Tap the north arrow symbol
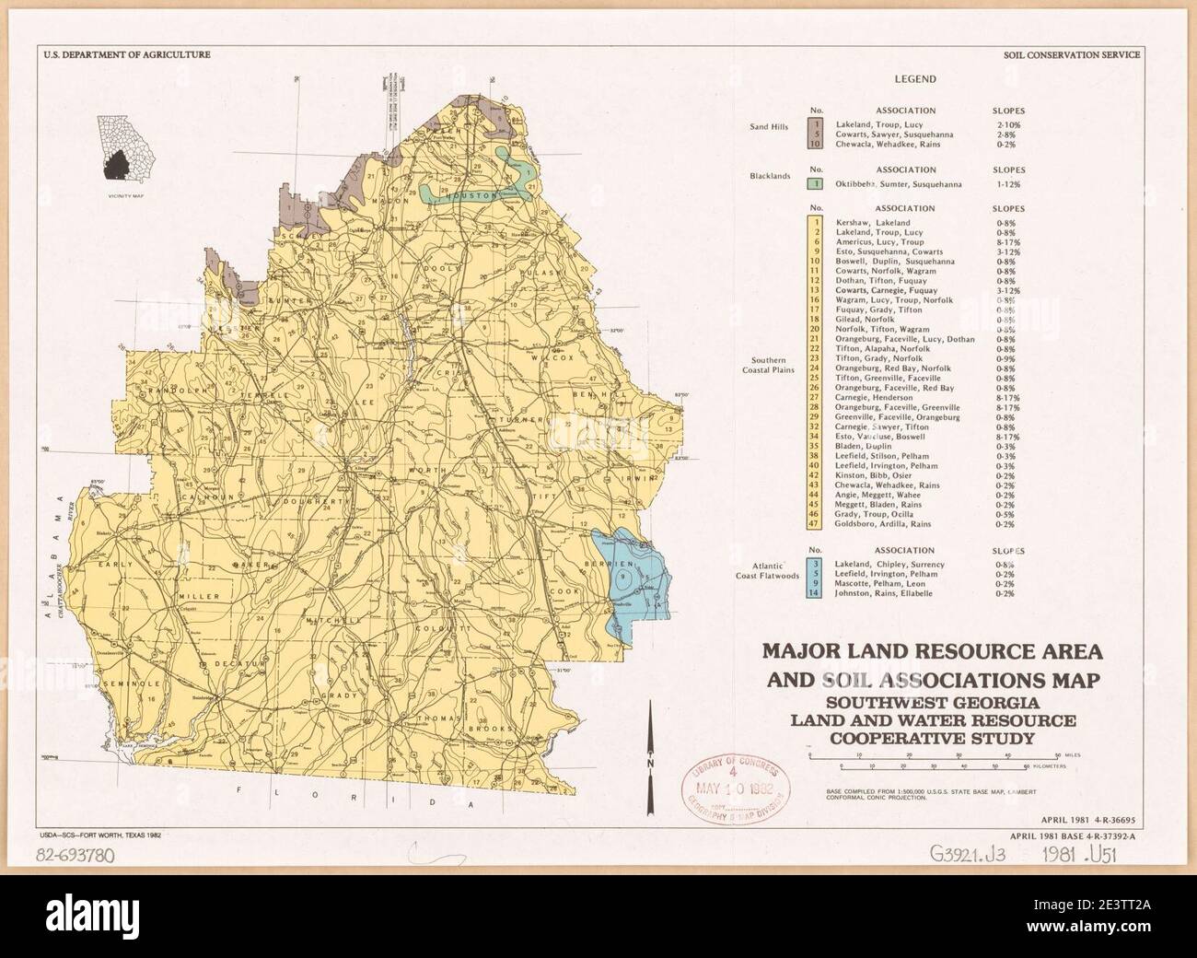pyautogui.click(x=651, y=746)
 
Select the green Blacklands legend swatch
pyautogui.click(x=815, y=184)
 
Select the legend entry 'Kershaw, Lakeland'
pyautogui.click(x=872, y=223)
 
